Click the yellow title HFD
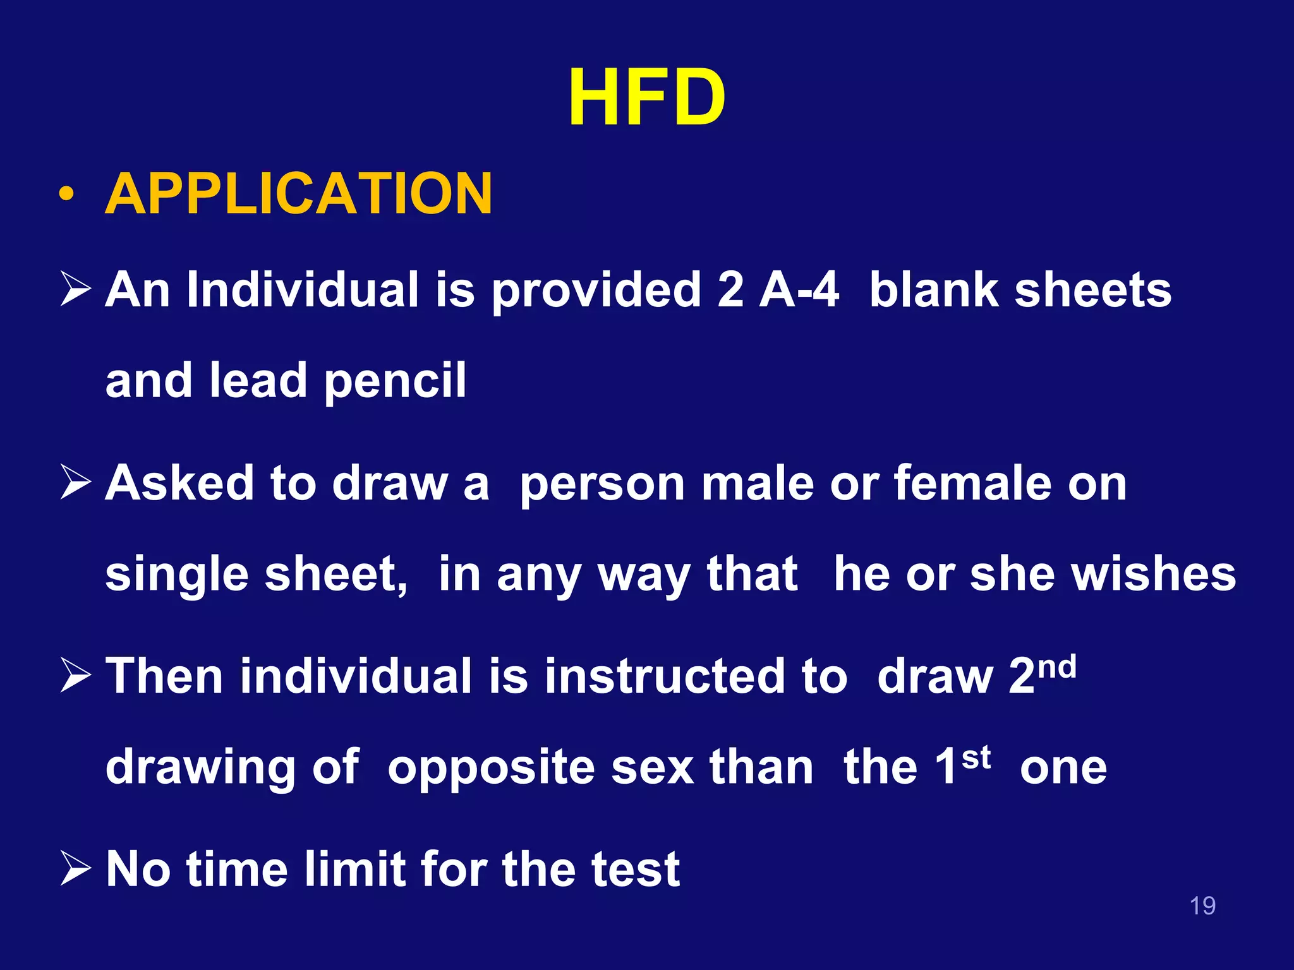[x=646, y=98]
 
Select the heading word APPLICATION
[x=298, y=194]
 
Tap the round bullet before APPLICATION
[x=66, y=194]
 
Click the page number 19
[x=1202, y=906]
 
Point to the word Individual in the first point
[x=303, y=290]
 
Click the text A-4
[x=799, y=290]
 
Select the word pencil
[x=395, y=381]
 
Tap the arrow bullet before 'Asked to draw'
[x=76, y=483]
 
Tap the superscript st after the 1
[x=976, y=758]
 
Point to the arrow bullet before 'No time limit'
[x=76, y=869]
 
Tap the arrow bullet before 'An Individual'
[x=76, y=290]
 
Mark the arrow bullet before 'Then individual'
[x=76, y=676]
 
